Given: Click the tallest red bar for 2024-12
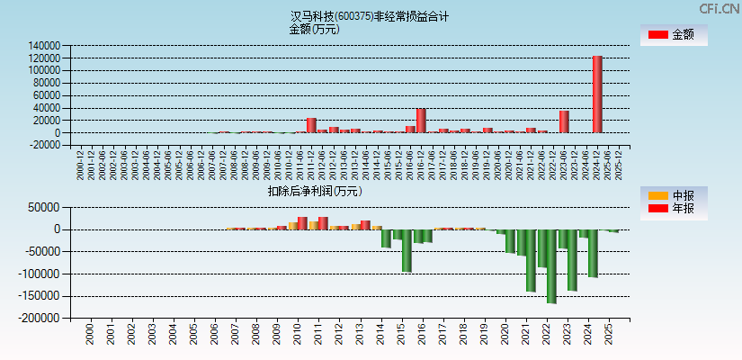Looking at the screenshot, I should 597,94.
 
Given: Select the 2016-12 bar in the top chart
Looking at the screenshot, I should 421,121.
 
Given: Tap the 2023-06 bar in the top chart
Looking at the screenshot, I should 564,121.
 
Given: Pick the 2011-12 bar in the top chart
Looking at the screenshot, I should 311,125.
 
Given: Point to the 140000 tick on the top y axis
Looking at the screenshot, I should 44,45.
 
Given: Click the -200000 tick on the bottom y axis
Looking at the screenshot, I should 40,318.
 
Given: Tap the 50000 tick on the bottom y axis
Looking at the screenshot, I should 44,207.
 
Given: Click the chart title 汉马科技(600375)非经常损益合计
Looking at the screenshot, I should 370,16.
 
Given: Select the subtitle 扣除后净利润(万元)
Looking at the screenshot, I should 314,191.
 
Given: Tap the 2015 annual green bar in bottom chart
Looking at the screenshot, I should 407,250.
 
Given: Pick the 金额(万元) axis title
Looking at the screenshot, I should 314,29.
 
